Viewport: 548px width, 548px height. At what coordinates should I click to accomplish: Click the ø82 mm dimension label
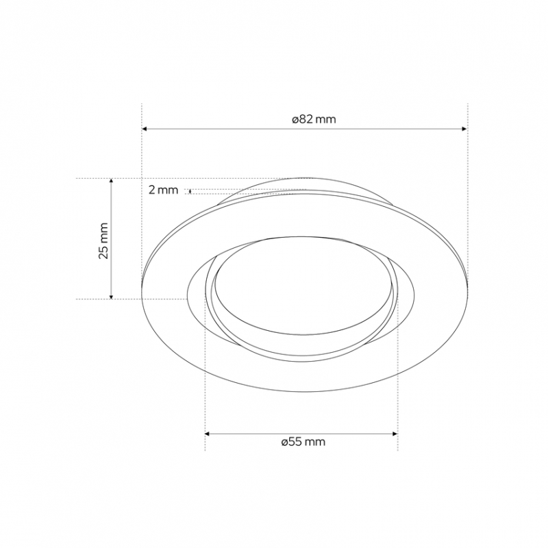[314, 119]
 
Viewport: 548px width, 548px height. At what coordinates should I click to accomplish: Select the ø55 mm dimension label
[303, 442]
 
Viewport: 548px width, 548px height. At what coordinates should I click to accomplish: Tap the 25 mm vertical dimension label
[103, 240]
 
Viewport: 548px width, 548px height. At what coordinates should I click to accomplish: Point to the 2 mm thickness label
[163, 190]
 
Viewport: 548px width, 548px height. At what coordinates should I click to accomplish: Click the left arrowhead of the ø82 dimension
[145, 129]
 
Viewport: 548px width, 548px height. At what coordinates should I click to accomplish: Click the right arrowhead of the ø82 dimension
[464, 129]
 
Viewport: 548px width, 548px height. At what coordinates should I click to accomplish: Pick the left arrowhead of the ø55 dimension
[208, 434]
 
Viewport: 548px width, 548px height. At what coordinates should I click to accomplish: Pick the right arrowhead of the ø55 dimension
[395, 434]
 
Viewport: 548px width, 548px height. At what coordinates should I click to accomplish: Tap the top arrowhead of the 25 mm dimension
[112, 181]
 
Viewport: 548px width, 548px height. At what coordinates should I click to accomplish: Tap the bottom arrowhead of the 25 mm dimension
[112, 297]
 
